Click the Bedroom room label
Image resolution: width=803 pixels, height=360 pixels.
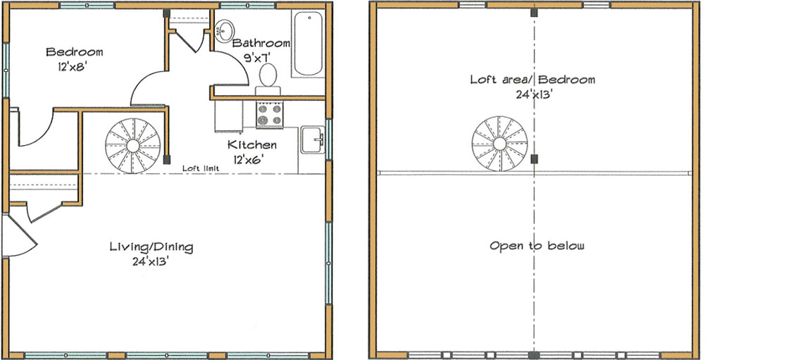pos(75,52)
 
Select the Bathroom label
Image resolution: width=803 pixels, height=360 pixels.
pos(261,44)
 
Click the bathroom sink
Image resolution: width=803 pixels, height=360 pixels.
pos(225,30)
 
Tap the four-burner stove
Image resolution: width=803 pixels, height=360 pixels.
pos(270,115)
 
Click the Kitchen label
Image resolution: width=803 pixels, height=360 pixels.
pos(251,145)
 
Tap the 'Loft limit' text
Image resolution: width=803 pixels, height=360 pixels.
pos(201,168)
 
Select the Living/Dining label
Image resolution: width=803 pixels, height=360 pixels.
pos(151,247)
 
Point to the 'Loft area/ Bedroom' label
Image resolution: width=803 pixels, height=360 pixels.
pos(533,80)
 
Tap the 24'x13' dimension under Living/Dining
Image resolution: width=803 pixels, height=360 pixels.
pos(151,261)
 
